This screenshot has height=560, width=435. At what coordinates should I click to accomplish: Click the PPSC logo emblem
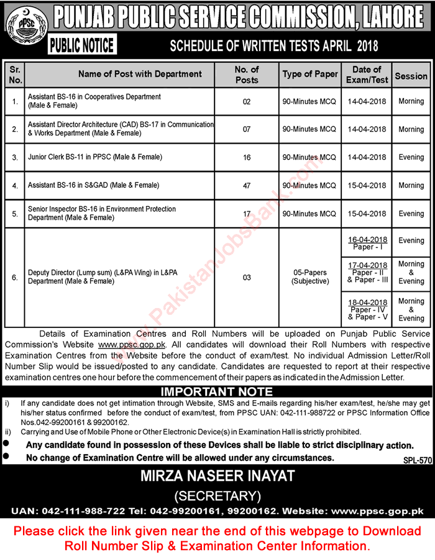(x=22, y=29)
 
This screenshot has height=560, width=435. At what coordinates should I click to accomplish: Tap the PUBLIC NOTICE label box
(x=81, y=45)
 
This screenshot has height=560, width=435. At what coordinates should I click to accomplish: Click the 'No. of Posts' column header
(x=247, y=74)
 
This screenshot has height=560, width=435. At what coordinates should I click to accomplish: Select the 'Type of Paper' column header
(x=310, y=74)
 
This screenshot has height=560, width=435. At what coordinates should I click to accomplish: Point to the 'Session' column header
(x=411, y=76)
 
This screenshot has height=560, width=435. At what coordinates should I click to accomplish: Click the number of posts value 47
(x=247, y=185)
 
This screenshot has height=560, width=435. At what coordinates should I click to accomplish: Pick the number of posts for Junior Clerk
(x=247, y=157)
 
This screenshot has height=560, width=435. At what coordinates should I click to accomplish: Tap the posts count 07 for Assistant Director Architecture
(x=247, y=129)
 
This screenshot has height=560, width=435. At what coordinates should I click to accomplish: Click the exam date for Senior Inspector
(x=369, y=213)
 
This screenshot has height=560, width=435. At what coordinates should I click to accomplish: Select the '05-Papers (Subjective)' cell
(x=310, y=277)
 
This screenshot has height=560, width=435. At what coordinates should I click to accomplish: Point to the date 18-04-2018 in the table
(x=369, y=301)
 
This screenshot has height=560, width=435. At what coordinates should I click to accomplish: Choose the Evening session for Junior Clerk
(x=411, y=157)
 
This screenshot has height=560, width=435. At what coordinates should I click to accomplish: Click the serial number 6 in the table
(x=16, y=277)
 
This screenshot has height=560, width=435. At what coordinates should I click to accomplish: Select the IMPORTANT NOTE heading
(x=217, y=391)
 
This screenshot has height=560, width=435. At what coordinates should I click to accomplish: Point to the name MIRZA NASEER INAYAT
(x=217, y=477)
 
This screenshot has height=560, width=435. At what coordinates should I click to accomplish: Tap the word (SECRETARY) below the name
(x=217, y=496)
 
